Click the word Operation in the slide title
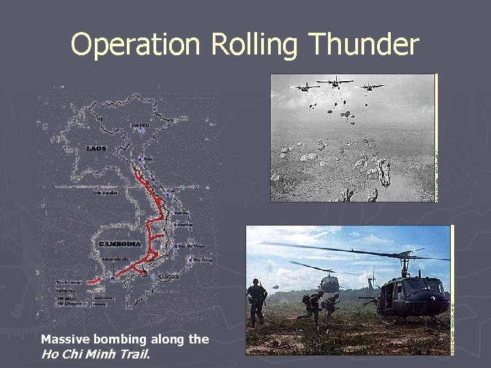pos(135,45)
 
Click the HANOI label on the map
pos(140,125)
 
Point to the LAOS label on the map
pos(96,148)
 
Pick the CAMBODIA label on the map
pos(120,243)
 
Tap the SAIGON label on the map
pos(168,277)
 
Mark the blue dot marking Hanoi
pos(140,132)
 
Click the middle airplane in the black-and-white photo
pos(335,82)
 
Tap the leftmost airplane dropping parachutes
pos(304,87)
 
